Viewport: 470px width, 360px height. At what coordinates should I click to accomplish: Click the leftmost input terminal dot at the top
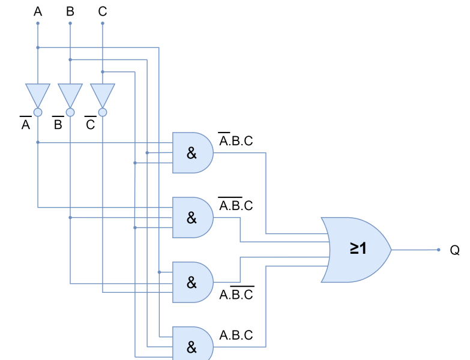(38, 23)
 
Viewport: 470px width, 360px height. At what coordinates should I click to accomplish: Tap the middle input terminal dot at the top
(70, 23)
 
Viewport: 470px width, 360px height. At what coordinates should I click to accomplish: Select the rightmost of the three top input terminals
(103, 23)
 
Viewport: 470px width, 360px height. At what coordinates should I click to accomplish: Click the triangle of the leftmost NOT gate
(38, 94)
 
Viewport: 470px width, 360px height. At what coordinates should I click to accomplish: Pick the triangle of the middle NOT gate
(70, 94)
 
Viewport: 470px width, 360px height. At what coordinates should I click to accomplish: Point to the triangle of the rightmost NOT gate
(103, 94)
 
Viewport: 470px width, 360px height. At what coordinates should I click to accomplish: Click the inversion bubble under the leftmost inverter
(38, 112)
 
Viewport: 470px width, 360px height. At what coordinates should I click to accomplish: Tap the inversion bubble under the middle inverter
(70, 112)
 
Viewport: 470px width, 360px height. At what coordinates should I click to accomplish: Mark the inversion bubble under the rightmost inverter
(103, 112)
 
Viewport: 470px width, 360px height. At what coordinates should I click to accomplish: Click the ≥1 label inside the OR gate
(358, 249)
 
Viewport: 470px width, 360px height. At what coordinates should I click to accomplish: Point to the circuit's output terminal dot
(439, 250)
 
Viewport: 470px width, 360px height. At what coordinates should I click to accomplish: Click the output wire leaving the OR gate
(414, 250)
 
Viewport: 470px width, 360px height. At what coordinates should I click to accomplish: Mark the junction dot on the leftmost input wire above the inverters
(38, 47)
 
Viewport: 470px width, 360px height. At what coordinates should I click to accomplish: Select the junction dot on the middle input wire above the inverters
(70, 60)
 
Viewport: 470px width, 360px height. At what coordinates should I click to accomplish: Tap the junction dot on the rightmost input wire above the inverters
(103, 72)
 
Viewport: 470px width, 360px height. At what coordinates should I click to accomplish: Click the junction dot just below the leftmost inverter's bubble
(38, 142)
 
